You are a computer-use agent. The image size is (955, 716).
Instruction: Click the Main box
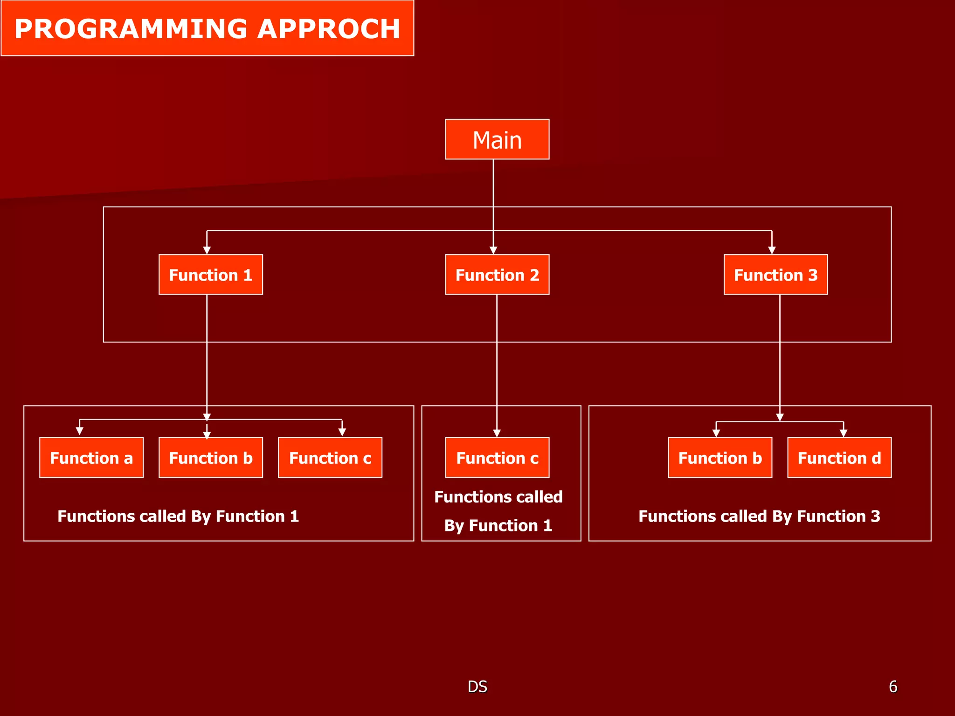pos(497,139)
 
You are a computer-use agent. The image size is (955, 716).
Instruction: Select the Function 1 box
pos(211,275)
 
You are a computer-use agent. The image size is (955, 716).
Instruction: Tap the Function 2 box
pos(497,275)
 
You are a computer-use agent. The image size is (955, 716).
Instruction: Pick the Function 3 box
pos(775,275)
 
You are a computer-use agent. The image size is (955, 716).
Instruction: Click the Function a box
pos(91,457)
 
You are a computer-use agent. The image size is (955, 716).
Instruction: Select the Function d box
pos(839,457)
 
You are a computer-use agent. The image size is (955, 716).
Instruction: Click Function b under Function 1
pos(211,457)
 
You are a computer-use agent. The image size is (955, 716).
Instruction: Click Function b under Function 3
pos(720,457)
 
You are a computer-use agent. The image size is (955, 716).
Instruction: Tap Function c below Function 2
pos(497,457)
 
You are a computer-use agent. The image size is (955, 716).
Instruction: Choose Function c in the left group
pos(330,457)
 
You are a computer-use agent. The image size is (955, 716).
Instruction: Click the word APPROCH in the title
pos(329,29)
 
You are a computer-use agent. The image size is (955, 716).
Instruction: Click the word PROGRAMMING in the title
pos(131,29)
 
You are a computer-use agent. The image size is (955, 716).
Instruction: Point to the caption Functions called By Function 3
pos(759,516)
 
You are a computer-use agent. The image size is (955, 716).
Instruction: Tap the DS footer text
pos(477,687)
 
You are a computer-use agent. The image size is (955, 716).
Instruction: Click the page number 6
pos(893,687)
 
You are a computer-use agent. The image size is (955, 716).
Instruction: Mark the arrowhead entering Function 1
pos(207,250)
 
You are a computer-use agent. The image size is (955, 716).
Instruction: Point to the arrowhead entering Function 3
pos(772,250)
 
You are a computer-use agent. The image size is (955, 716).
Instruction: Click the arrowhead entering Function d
pos(843,433)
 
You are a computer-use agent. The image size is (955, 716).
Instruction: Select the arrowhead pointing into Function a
pos(80,431)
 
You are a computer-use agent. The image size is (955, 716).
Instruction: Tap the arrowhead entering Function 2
pos(493,250)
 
